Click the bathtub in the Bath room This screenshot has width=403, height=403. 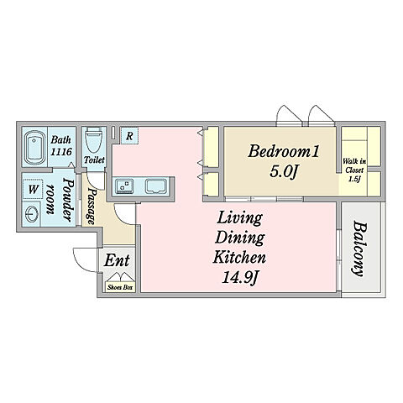[x=35, y=147]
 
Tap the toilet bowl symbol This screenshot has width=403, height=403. [x=93, y=139]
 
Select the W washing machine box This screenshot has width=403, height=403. [x=33, y=189]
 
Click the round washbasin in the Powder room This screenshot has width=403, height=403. [x=31, y=214]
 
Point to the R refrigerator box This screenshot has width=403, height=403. [x=129, y=136]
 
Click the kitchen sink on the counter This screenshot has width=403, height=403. [x=124, y=186]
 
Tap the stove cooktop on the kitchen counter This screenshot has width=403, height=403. [x=156, y=186]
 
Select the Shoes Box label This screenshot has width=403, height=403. [x=120, y=287]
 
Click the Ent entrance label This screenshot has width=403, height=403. [x=117, y=260]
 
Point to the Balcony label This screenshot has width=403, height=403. [x=359, y=249]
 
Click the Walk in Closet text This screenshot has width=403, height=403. [x=354, y=170]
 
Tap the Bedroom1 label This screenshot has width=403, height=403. [x=283, y=151]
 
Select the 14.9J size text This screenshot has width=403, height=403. [x=240, y=278]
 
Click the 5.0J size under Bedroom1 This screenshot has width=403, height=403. [x=283, y=171]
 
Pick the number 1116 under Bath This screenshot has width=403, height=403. [x=61, y=152]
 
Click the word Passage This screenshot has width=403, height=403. [x=92, y=207]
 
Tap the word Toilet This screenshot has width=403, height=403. [x=95, y=160]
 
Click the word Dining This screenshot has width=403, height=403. [x=240, y=238]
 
